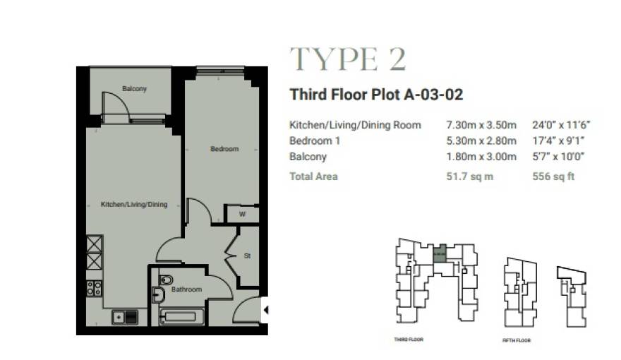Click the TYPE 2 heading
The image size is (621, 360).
coord(348,60)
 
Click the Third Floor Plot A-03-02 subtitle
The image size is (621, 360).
coord(376,95)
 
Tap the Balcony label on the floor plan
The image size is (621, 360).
coord(134,89)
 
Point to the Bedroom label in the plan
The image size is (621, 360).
coord(224,149)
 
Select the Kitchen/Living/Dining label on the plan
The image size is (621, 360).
coord(134,205)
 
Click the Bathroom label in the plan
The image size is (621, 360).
coord(186,289)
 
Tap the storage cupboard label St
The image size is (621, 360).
coord(247,256)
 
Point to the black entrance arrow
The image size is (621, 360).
coord(266,310)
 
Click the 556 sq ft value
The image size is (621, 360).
coord(553,176)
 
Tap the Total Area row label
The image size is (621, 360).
coord(313,176)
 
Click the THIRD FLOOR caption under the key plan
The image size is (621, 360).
coord(408,340)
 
